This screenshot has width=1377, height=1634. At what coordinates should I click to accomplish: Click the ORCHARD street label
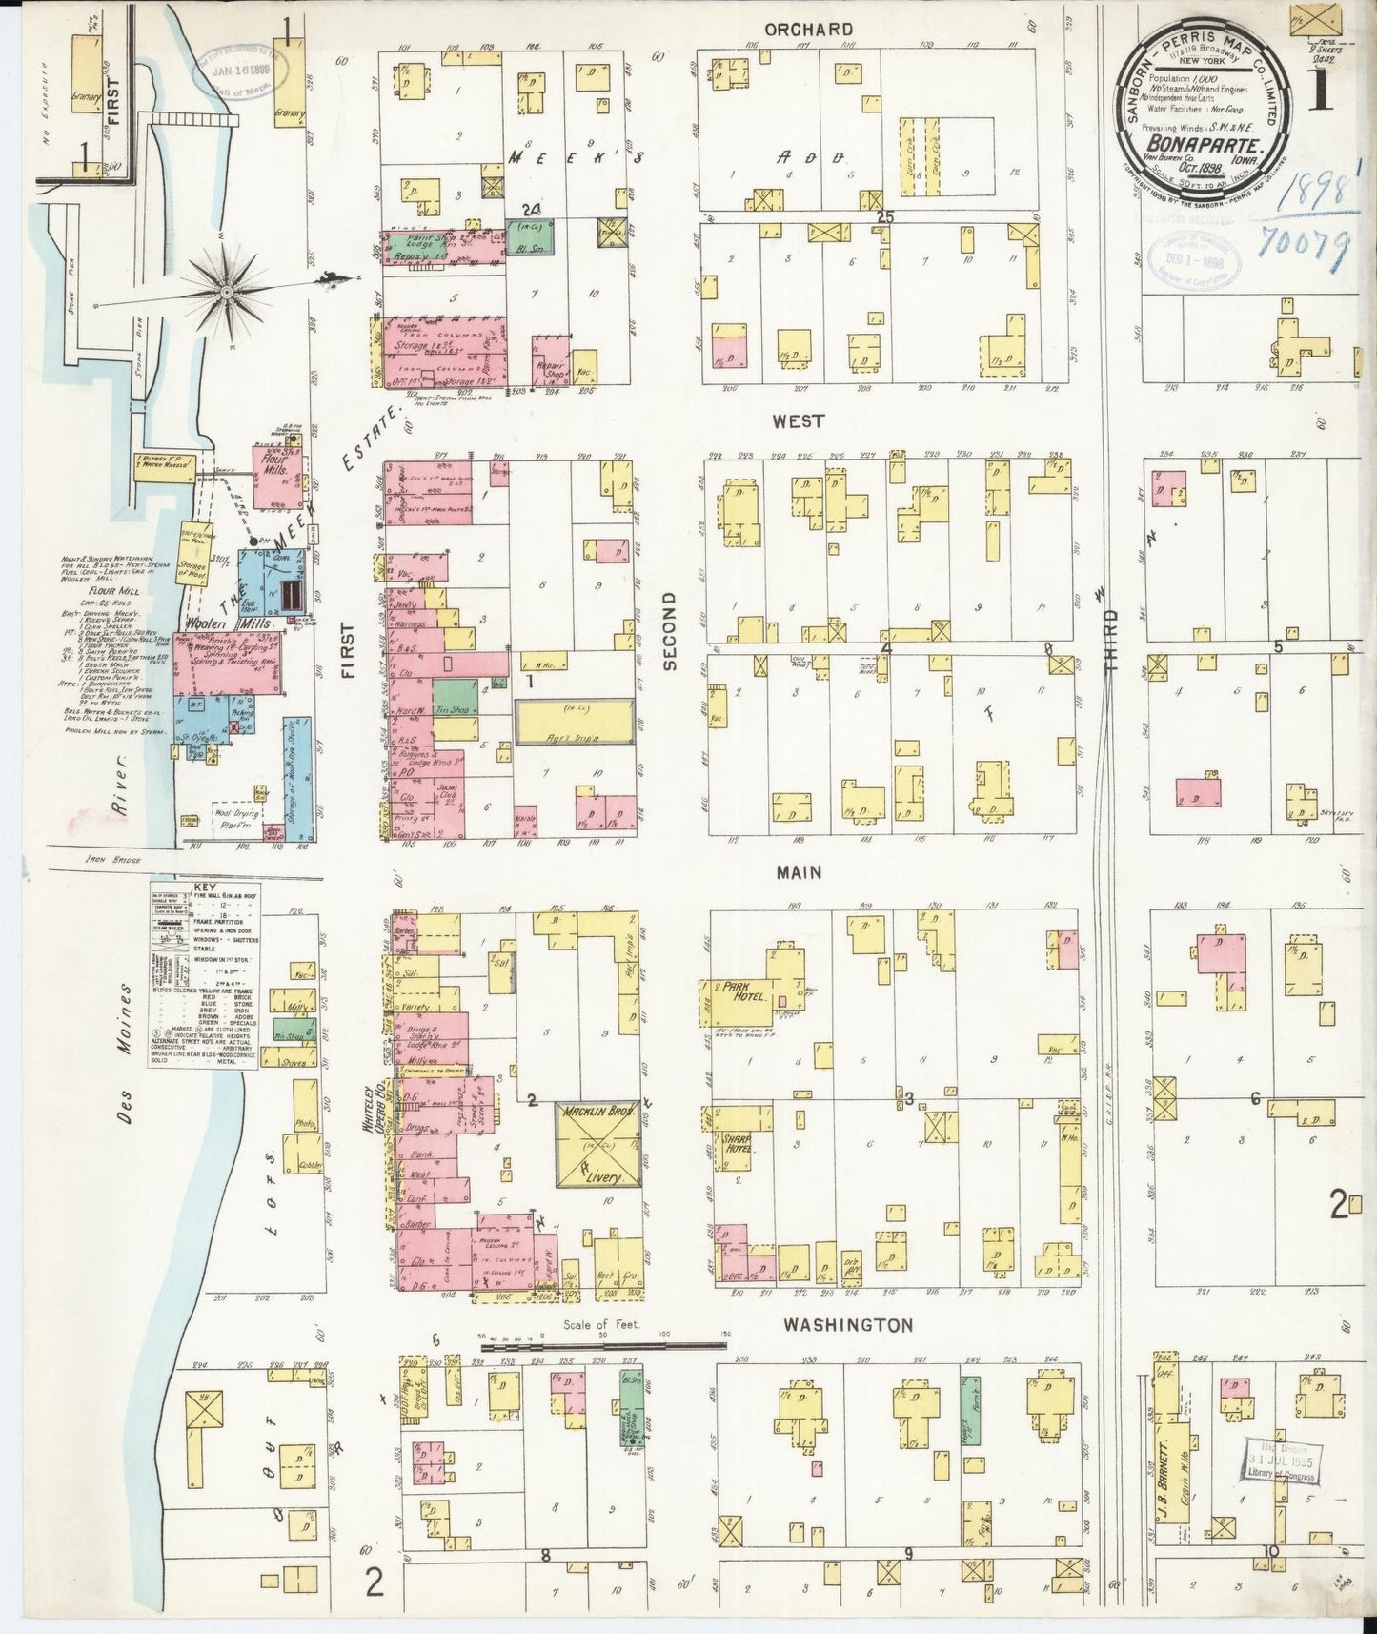pyautogui.click(x=814, y=30)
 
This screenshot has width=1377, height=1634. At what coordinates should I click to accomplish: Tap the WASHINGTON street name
pyautogui.click(x=848, y=1325)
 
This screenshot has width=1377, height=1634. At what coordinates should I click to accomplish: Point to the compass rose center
pyautogui.click(x=227, y=290)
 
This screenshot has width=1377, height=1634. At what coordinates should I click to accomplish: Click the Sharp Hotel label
pyautogui.click(x=737, y=1144)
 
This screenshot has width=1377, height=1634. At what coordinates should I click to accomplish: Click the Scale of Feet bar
pyautogui.click(x=603, y=1346)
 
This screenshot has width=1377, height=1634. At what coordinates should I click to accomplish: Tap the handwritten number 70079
pyautogui.click(x=1303, y=243)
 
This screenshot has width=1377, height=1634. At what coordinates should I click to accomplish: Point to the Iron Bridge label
pyautogui.click(x=112, y=860)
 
